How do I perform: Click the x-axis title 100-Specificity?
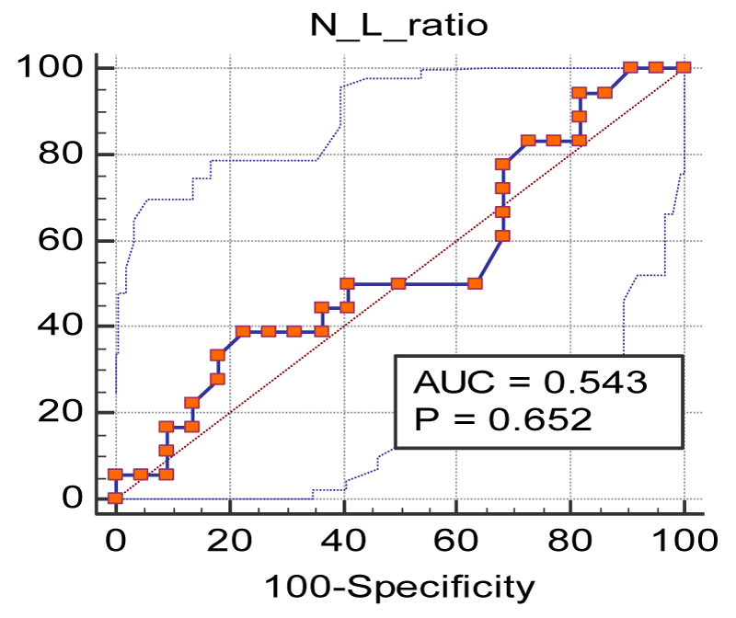point(400,586)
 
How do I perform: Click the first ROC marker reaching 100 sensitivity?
point(630,67)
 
